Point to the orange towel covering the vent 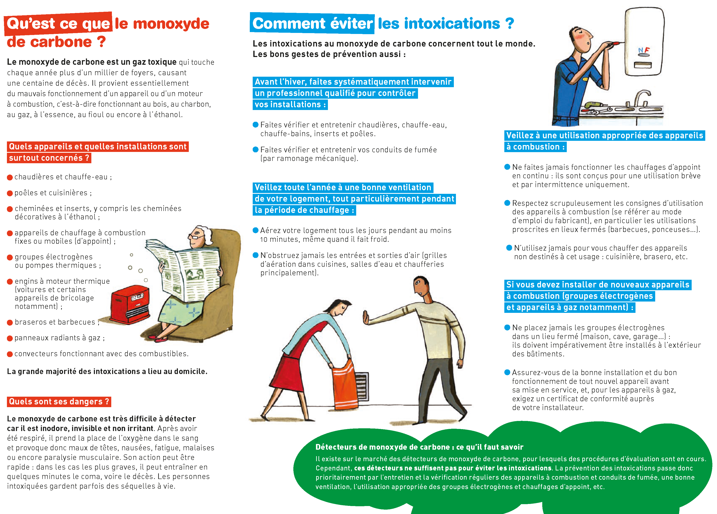click(345, 384)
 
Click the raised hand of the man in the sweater click(366, 318)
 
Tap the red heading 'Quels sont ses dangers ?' click(59, 401)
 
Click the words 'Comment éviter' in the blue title click(312, 24)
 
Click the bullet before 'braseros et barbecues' click(10, 322)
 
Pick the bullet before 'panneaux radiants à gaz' click(10, 338)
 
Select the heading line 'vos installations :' click(290, 105)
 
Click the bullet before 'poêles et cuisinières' click(10, 193)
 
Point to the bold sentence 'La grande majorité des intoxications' click(107, 372)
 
